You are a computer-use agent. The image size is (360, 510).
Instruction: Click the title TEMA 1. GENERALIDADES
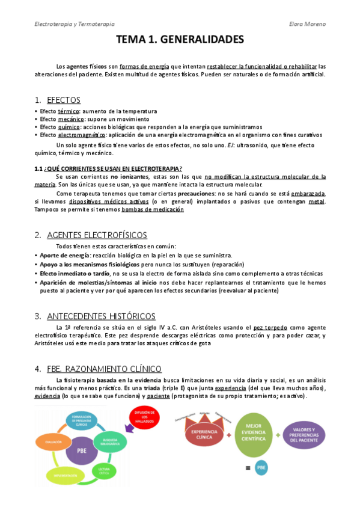tap(180, 40)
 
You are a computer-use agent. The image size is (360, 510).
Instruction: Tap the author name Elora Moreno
tap(307, 24)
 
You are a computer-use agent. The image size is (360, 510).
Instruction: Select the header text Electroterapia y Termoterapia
tap(75, 24)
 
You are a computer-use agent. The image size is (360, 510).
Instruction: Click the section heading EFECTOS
tap(63, 100)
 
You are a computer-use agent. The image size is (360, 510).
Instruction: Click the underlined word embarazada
tap(308, 194)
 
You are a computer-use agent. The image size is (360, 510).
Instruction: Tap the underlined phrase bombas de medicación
tap(153, 210)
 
